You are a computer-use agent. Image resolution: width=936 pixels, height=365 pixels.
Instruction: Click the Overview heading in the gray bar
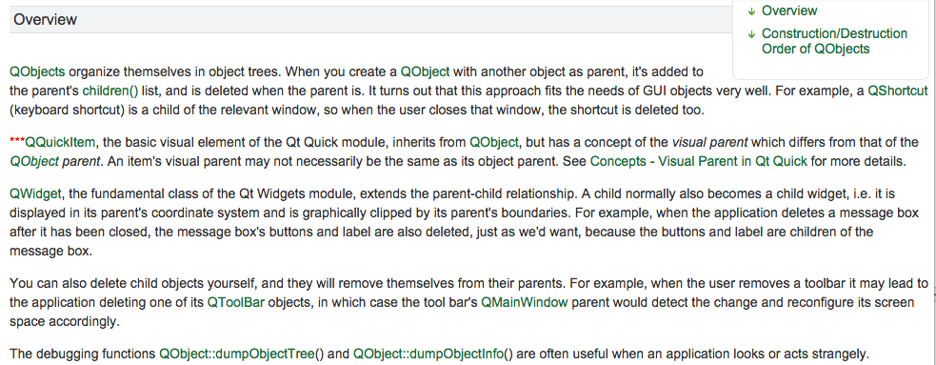tap(45, 20)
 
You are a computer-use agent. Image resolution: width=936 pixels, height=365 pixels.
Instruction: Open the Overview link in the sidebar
tap(789, 10)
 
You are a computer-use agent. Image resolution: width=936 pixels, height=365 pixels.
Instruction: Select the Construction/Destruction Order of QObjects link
tap(834, 41)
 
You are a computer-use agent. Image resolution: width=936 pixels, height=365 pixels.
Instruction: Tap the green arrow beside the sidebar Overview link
tap(751, 11)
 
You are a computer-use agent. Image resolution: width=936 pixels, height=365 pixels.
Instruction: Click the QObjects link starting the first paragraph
tap(37, 72)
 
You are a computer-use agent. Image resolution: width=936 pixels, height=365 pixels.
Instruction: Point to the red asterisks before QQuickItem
tap(17, 141)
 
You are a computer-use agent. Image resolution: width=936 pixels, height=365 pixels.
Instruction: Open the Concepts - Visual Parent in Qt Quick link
tap(698, 161)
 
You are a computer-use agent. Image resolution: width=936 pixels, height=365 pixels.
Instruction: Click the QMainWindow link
tap(524, 302)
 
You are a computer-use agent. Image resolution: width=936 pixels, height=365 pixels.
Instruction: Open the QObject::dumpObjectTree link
tap(237, 353)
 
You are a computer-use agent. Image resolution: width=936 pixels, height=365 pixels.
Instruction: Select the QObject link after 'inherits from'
tap(493, 142)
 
